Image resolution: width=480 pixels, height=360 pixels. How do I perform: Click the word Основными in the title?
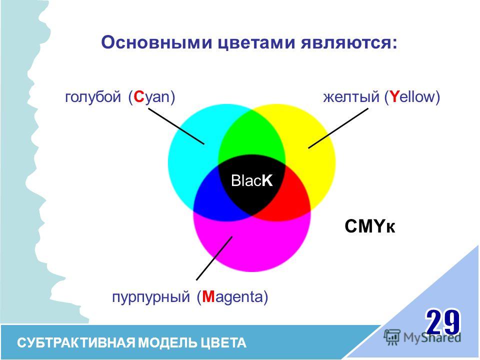click(156, 42)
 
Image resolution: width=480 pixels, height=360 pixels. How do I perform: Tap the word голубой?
click(93, 97)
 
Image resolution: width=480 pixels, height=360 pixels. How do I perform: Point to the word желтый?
click(351, 97)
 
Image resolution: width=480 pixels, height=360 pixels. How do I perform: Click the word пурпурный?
click(151, 297)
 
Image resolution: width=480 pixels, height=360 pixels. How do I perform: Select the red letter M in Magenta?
click(208, 296)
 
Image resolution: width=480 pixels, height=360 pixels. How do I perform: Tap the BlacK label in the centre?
click(251, 180)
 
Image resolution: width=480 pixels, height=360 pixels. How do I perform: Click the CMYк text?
click(370, 227)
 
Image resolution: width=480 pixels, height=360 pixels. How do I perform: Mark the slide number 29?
click(442, 322)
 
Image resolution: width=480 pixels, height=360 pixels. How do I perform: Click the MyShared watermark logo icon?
click(392, 337)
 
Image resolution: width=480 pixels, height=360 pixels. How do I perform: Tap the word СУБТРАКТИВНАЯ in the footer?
click(76, 343)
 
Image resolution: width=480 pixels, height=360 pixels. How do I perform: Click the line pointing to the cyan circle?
click(176, 126)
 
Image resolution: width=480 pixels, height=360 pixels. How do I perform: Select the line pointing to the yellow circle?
click(338, 128)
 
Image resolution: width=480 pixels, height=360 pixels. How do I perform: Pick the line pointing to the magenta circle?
click(214, 258)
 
